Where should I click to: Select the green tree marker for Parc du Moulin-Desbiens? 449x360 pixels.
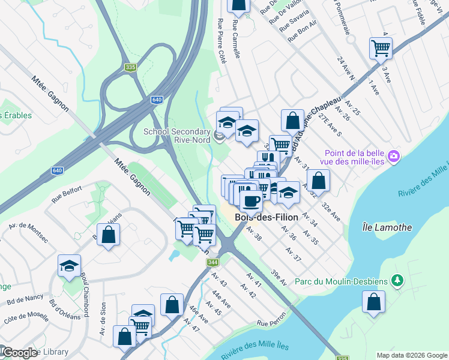[396, 280]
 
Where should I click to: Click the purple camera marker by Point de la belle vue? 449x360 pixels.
[393, 156]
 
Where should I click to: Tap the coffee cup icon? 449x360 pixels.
[251, 200]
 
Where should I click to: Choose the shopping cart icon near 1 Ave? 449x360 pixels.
[381, 47]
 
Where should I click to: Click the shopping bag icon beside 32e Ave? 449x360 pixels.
[318, 180]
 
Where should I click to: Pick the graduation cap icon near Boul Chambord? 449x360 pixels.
[70, 265]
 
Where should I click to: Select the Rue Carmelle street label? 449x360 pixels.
[236, 40]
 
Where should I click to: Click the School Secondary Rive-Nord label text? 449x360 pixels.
[176, 137]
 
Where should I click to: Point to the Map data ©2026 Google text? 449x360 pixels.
[411, 355]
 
